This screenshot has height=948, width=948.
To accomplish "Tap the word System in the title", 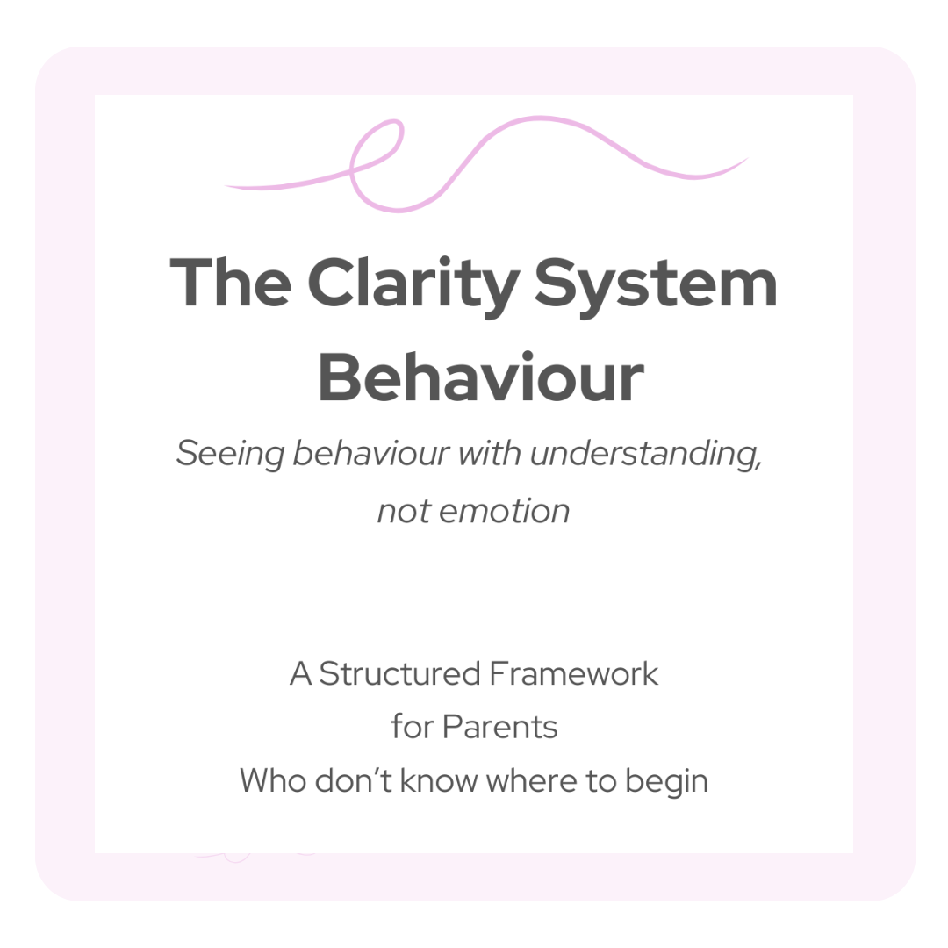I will (x=656, y=283).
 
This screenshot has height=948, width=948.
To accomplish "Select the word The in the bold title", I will (x=230, y=283).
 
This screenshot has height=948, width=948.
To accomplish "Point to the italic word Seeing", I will (x=229, y=454).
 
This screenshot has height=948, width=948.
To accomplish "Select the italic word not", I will (x=404, y=510).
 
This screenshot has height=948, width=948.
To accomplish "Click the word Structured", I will (x=399, y=674).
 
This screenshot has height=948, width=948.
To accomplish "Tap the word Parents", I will (x=499, y=727).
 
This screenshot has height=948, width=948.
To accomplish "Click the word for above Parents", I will (x=412, y=727).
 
